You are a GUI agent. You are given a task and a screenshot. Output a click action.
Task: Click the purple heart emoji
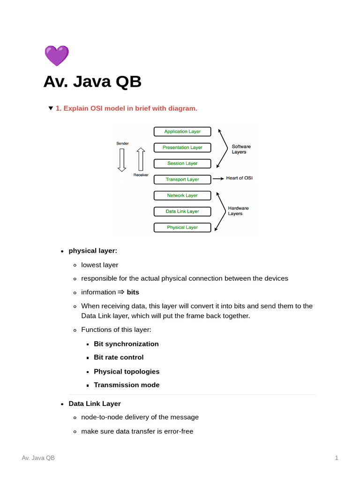pyautogui.click(x=57, y=56)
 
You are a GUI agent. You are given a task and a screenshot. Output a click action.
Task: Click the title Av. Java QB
pyautogui.click(x=92, y=82)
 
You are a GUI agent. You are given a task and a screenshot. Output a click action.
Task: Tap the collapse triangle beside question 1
pyautogui.click(x=51, y=108)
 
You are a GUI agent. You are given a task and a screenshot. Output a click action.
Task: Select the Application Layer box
pyautogui.click(x=182, y=132)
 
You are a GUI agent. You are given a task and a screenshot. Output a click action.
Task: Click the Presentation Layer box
pyautogui.click(x=182, y=148)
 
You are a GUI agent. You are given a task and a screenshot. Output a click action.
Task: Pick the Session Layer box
pyautogui.click(x=182, y=164)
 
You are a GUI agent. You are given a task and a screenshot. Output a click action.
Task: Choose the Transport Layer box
pyautogui.click(x=182, y=180)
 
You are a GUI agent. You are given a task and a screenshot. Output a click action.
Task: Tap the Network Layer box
pyautogui.click(x=182, y=195)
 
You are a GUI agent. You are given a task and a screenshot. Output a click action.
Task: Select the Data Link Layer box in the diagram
pyautogui.click(x=182, y=211)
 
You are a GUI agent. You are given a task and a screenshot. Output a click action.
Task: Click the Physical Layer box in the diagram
pyautogui.click(x=182, y=227)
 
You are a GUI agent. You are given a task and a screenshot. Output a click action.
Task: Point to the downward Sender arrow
pyautogui.click(x=122, y=160)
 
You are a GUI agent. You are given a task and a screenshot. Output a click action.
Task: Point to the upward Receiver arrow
pyautogui.click(x=141, y=159)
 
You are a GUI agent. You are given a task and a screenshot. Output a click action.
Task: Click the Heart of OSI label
pyautogui.click(x=239, y=178)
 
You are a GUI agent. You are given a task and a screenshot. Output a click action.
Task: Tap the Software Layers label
pyautogui.click(x=241, y=149)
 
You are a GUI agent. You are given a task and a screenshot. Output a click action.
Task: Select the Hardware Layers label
pyautogui.click(x=238, y=210)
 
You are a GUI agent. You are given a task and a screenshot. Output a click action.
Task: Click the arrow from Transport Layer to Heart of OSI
pyautogui.click(x=218, y=179)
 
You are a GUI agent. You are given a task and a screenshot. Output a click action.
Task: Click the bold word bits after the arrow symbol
pyautogui.click(x=133, y=292)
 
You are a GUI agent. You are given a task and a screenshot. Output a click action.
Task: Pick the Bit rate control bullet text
pyautogui.click(x=119, y=357)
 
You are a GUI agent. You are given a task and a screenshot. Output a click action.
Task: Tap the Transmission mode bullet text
pyautogui.click(x=127, y=385)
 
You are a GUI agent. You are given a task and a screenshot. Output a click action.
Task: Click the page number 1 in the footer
pyautogui.click(x=337, y=457)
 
